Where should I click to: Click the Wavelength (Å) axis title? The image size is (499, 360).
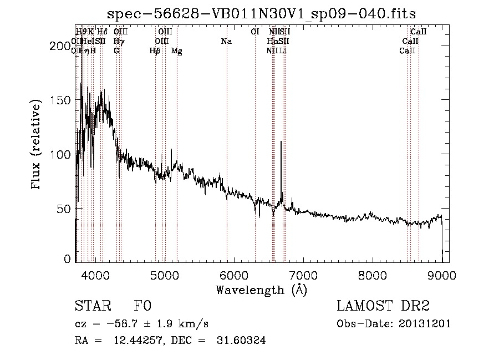pyautogui.click(x=261, y=290)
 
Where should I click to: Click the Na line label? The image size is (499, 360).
pyautogui.click(x=226, y=41)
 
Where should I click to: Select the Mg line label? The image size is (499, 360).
pyautogui.click(x=176, y=51)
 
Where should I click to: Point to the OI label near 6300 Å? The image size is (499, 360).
pyautogui.click(x=255, y=32)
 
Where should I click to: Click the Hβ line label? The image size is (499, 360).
pyautogui.click(x=155, y=51)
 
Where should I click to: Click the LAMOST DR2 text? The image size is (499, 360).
pyautogui.click(x=383, y=306)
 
